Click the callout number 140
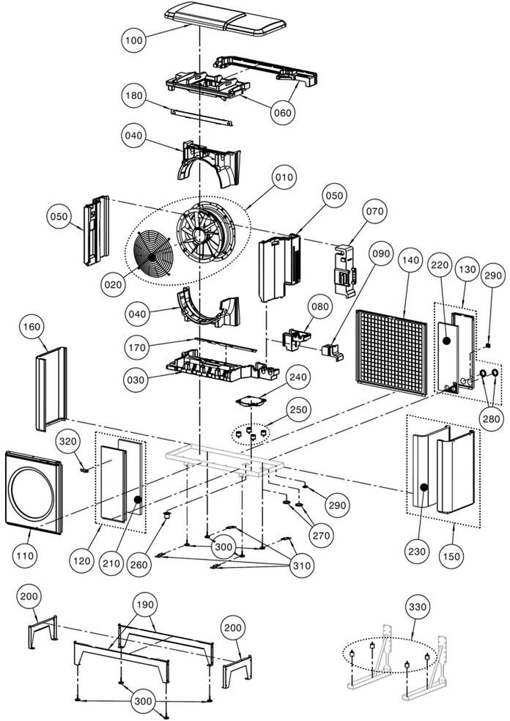410,260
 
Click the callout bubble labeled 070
374,212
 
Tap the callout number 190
144,604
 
